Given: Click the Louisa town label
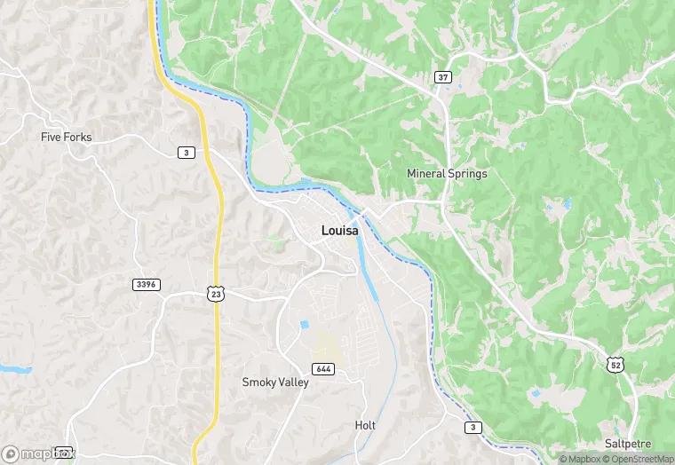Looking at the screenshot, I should tap(340, 231).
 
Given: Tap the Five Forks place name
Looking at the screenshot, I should tap(67, 138).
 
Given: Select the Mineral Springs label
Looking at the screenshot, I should tap(447, 174).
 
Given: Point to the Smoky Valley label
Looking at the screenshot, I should tap(275, 382).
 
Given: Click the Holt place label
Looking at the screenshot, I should tap(365, 425).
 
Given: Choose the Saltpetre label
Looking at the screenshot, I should tap(626, 443).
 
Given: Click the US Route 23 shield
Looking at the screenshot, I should tap(215, 292).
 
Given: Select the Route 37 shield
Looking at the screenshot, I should tap(443, 77).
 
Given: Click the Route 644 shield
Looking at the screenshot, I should tap(323, 368).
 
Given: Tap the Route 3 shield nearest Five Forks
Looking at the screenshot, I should tap(186, 153).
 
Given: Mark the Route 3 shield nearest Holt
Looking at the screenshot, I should tap(473, 428).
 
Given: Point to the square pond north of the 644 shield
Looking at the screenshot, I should tap(305, 326).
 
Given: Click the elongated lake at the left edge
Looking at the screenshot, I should tap(13, 367).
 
